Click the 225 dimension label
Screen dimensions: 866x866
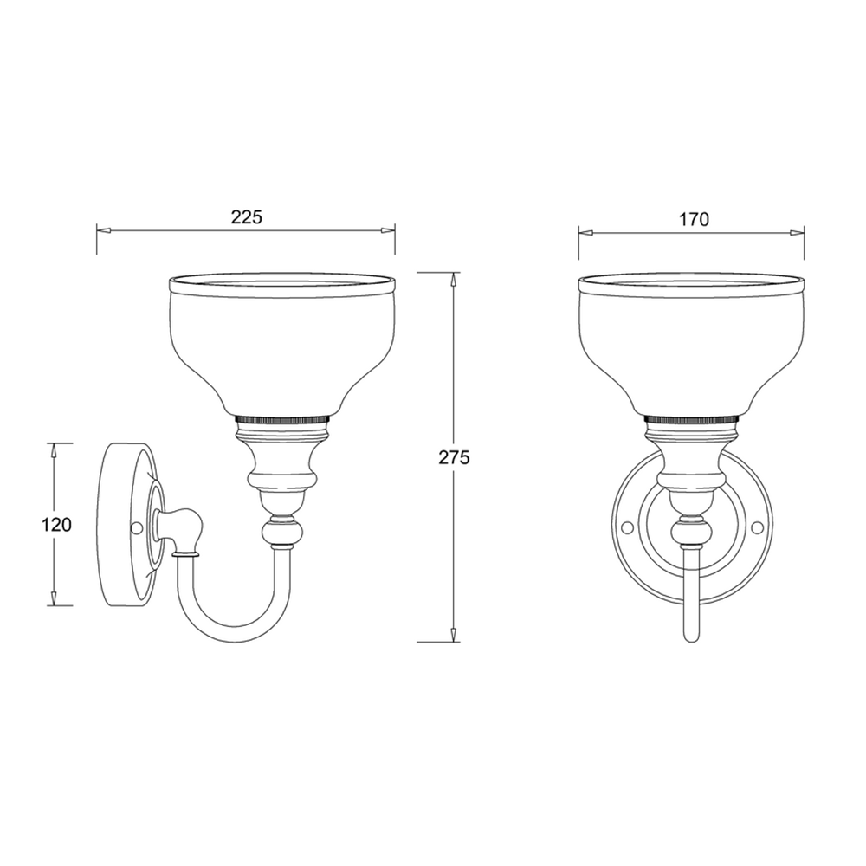click(246, 217)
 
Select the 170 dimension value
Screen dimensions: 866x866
click(694, 220)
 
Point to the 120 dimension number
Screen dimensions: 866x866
click(55, 525)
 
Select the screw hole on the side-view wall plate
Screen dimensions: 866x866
click(136, 527)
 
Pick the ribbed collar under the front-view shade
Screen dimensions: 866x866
click(691, 419)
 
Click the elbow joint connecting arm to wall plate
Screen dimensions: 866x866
click(184, 528)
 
